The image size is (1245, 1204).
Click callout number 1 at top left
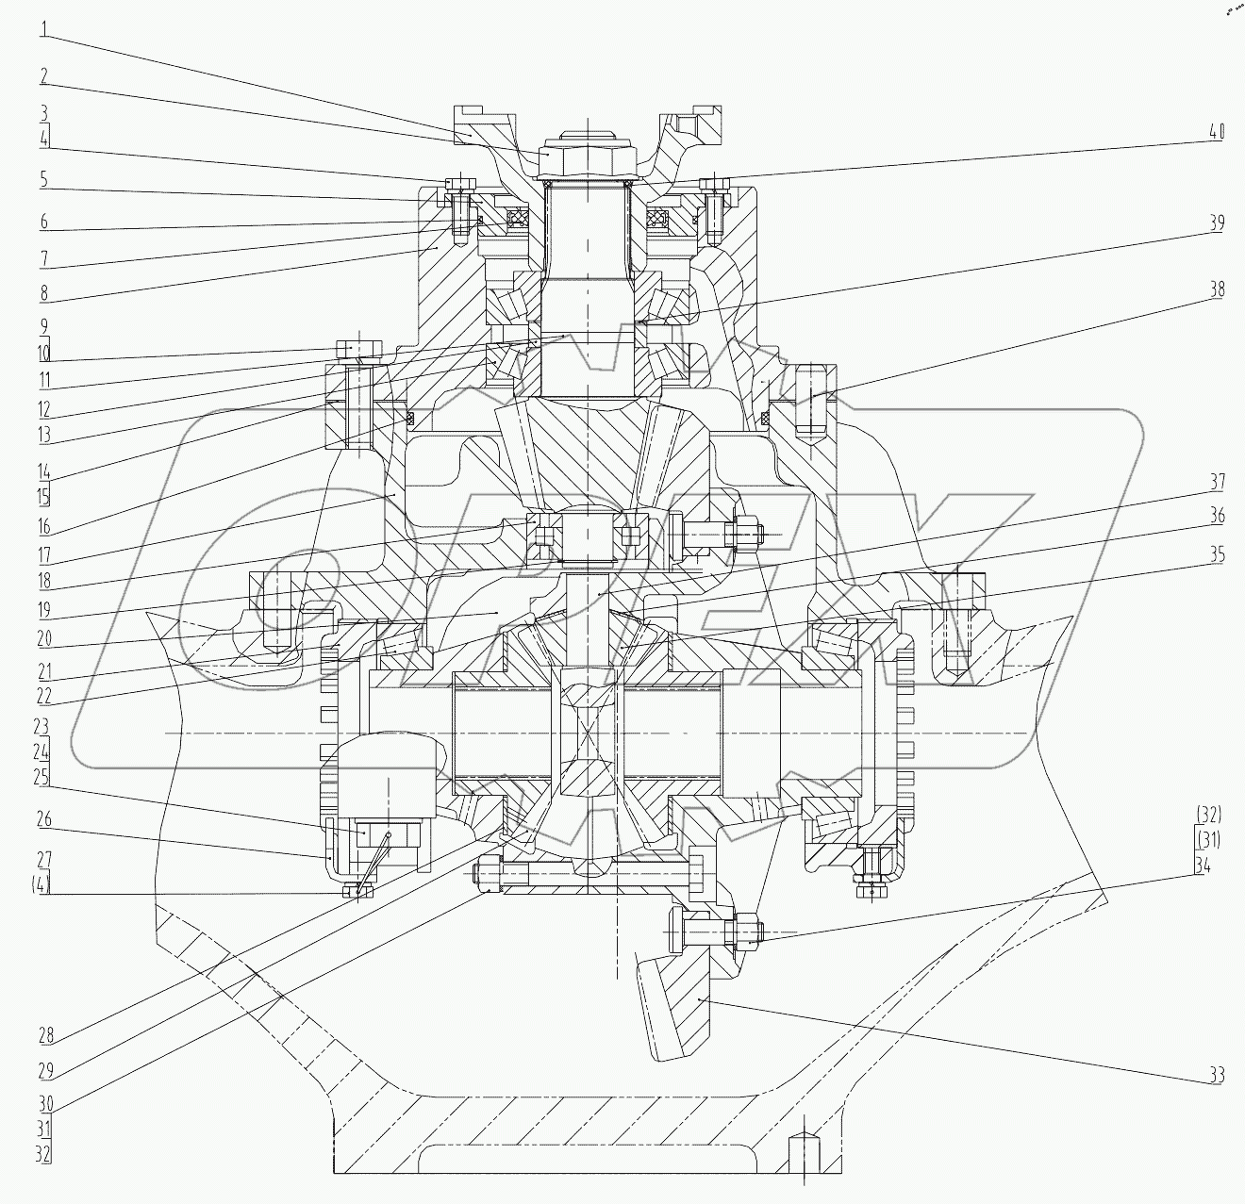pos(43,28)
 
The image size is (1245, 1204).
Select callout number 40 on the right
pos(1216,132)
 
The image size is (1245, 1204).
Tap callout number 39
pos(1216,223)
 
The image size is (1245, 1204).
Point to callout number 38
pos(1216,289)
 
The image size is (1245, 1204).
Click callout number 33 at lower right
pos(1216,1074)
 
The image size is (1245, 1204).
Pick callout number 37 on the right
pos(1216,483)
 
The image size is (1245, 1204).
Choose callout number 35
pos(1216,555)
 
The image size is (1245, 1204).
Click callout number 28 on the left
pos(45,1035)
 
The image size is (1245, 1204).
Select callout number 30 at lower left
pos(45,1102)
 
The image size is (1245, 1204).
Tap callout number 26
pos(45,819)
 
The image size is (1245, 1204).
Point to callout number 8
pos(45,291)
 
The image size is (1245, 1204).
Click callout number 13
pos(45,436)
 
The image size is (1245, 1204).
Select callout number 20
pos(45,638)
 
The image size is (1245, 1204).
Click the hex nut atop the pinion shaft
pos(576,157)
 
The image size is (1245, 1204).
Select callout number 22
pos(45,697)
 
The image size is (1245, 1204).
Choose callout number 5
pos(43,178)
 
